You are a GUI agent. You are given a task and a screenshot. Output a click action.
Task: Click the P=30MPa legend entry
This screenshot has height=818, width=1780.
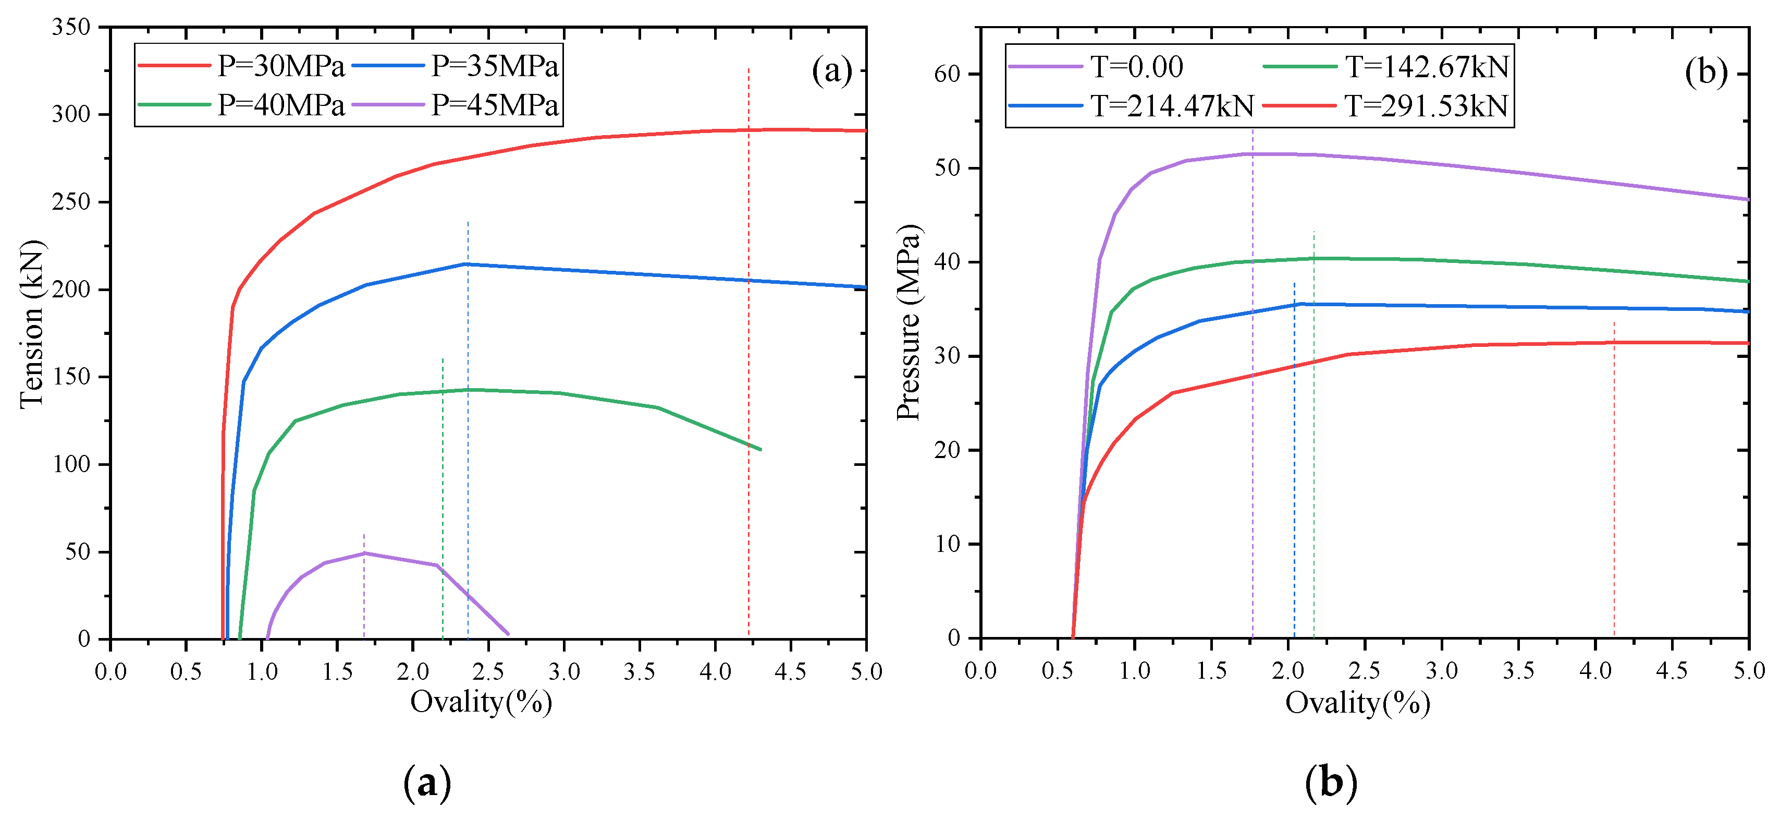(241, 66)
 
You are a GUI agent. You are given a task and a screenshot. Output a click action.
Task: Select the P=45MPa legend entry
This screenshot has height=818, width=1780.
(456, 106)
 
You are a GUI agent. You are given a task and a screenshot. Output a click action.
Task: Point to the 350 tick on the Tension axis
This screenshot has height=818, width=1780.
(71, 27)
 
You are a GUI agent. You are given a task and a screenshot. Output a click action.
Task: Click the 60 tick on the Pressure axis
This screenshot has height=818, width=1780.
(948, 74)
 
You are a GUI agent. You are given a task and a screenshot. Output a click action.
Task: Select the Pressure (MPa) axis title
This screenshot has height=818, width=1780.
(908, 323)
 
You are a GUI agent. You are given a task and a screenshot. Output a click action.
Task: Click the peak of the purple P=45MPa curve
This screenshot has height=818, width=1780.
(364, 552)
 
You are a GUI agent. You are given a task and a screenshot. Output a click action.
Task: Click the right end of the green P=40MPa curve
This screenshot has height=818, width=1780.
(760, 450)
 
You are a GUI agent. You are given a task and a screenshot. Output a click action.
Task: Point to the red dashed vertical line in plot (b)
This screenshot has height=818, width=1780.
(1614, 484)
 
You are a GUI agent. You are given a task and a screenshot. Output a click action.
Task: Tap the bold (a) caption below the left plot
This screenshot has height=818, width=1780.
(427, 783)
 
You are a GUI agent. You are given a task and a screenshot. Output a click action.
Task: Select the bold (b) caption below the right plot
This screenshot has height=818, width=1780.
(1331, 783)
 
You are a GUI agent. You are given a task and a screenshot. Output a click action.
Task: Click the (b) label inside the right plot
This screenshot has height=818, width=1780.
(1705, 72)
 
